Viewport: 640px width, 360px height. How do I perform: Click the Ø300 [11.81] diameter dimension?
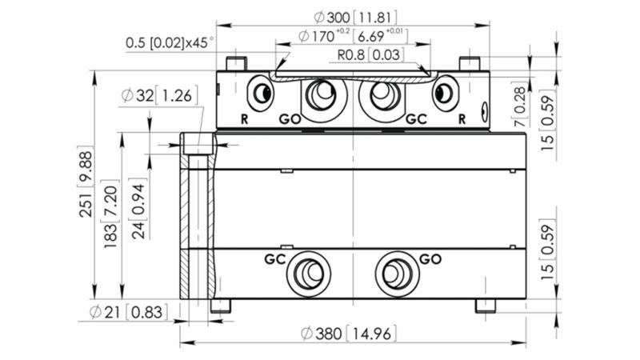coord(354,17)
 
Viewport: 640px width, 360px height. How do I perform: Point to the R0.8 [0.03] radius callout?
coord(369,55)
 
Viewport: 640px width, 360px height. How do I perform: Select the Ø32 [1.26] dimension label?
coord(157,97)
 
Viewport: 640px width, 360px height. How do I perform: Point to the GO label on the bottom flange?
coord(430,259)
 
